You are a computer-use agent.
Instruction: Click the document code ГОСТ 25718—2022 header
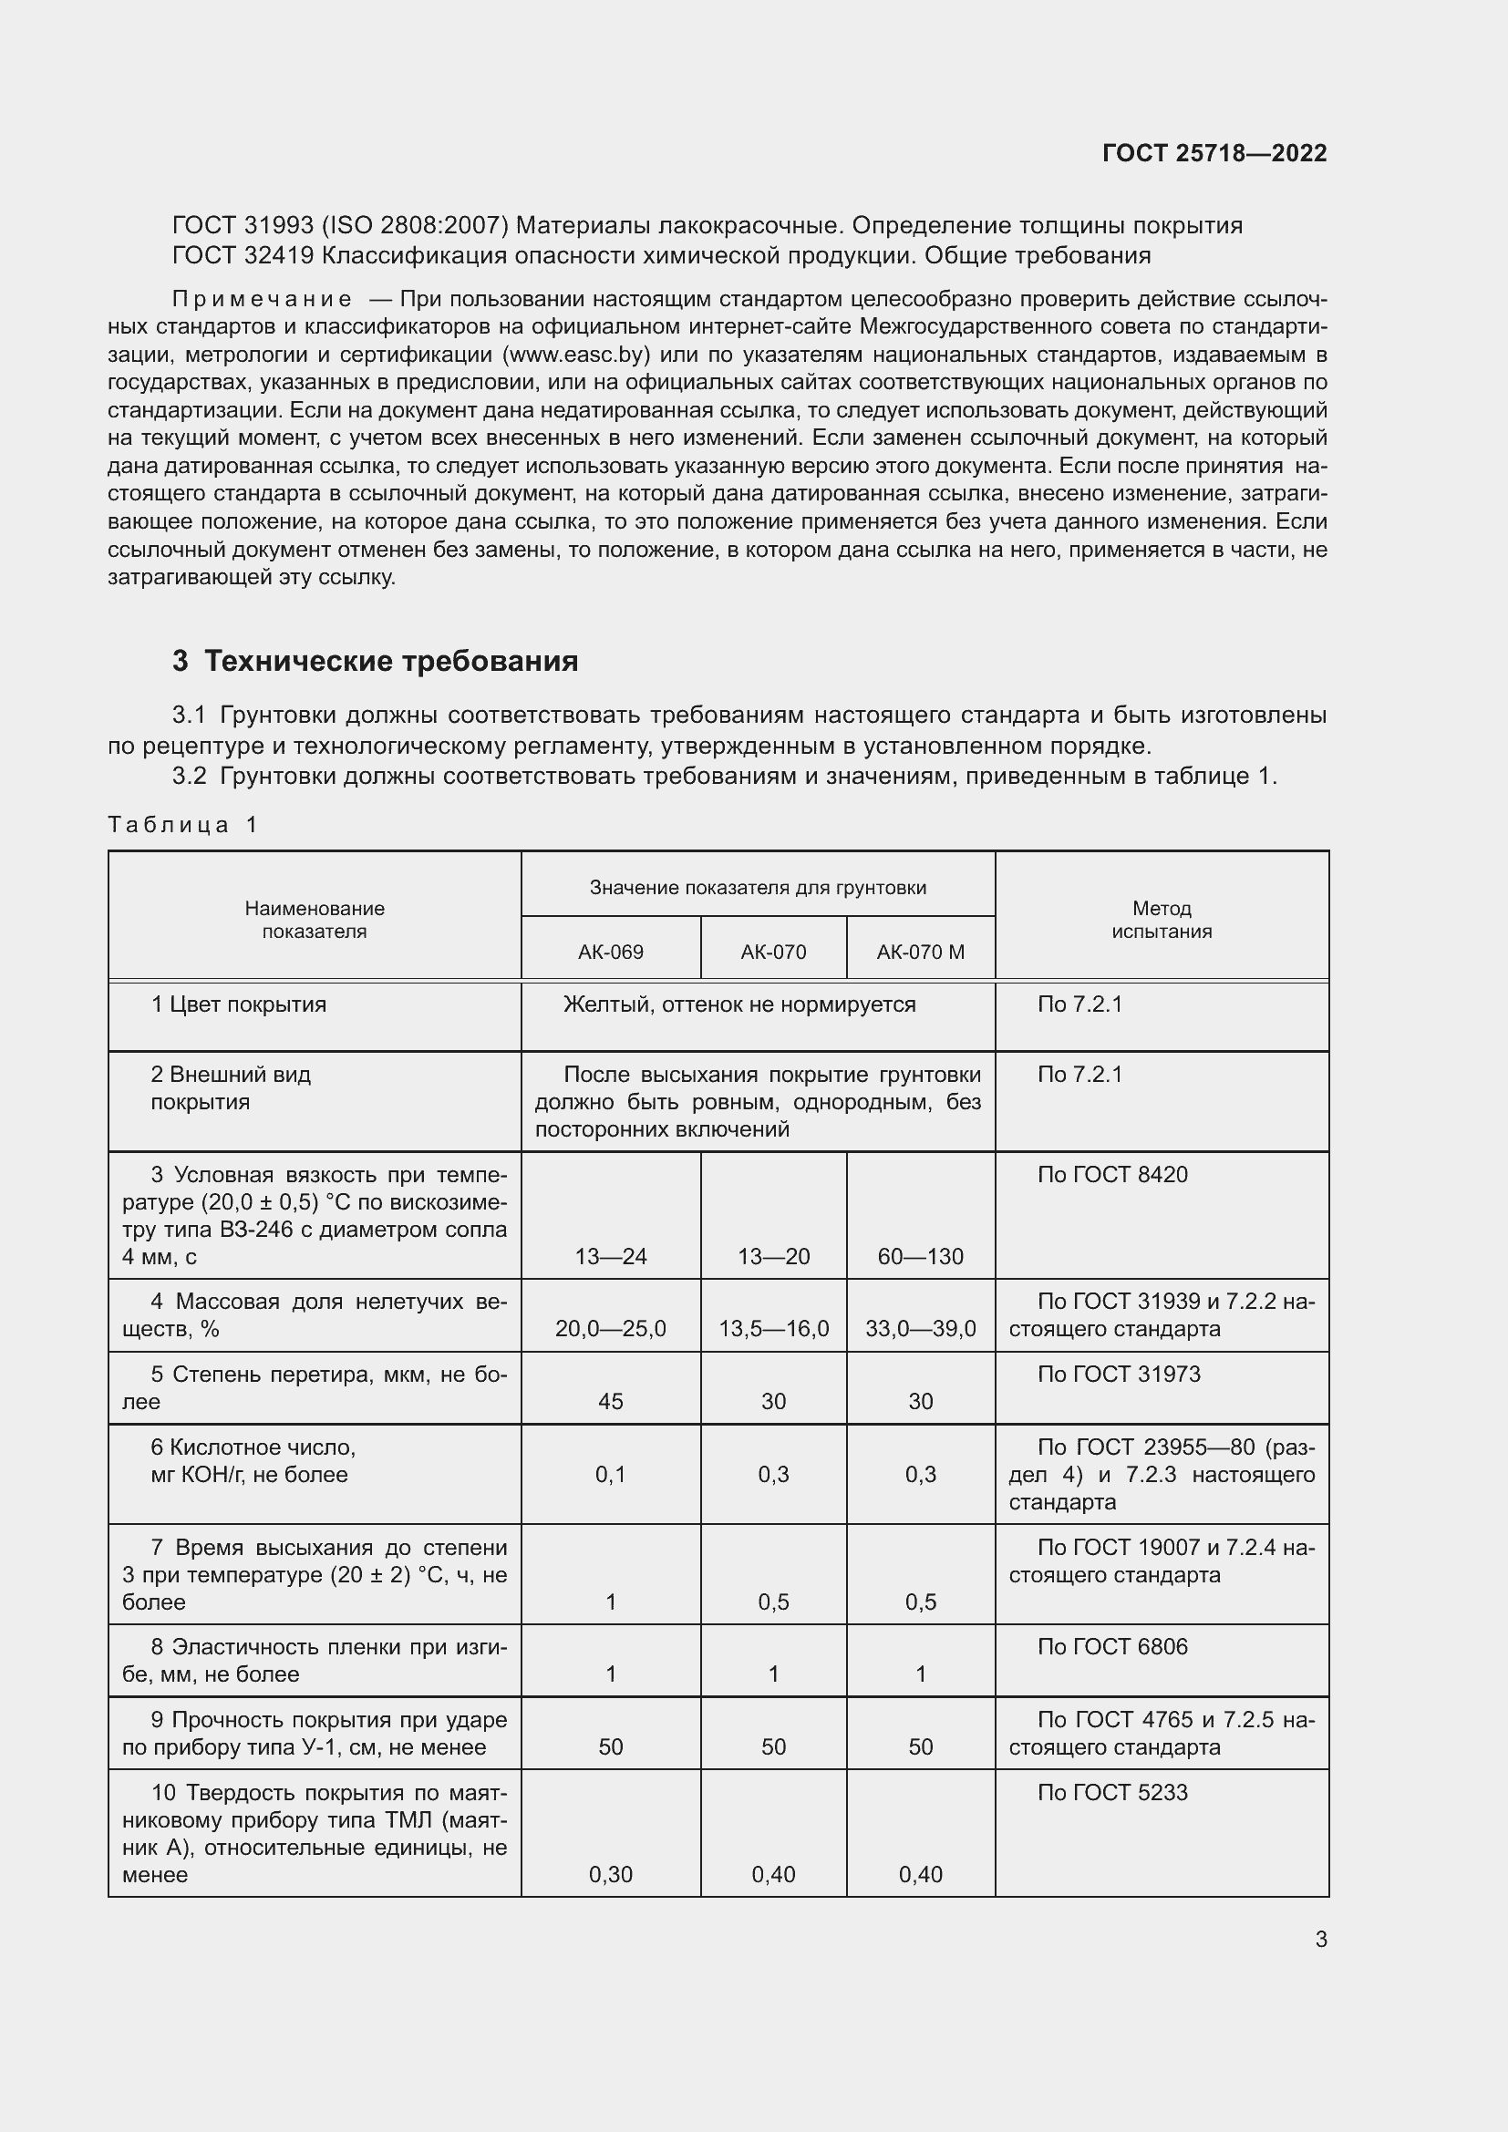(1214, 153)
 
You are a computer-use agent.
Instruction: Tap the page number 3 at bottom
(1320, 1939)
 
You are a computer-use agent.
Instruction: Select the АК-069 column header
(610, 952)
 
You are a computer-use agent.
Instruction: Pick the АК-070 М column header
(920, 952)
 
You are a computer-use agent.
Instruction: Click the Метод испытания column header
(1161, 920)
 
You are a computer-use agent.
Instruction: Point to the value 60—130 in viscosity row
(920, 1256)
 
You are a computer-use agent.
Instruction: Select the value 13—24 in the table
(610, 1256)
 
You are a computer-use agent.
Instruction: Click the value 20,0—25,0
(610, 1329)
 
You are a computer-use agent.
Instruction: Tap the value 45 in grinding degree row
(610, 1401)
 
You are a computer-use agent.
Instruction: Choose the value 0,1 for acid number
(610, 1475)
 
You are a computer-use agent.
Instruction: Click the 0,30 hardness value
(610, 1875)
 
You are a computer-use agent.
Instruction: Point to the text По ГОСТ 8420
(1111, 1175)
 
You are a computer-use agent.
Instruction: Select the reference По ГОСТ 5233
(1111, 1793)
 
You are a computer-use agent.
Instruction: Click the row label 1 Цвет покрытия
(239, 1004)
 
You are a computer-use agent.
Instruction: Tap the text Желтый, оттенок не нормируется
(739, 1004)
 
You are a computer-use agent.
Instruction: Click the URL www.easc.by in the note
(575, 355)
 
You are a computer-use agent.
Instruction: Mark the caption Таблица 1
(183, 825)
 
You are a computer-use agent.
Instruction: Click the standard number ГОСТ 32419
(243, 255)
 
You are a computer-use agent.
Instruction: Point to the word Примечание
(262, 299)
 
